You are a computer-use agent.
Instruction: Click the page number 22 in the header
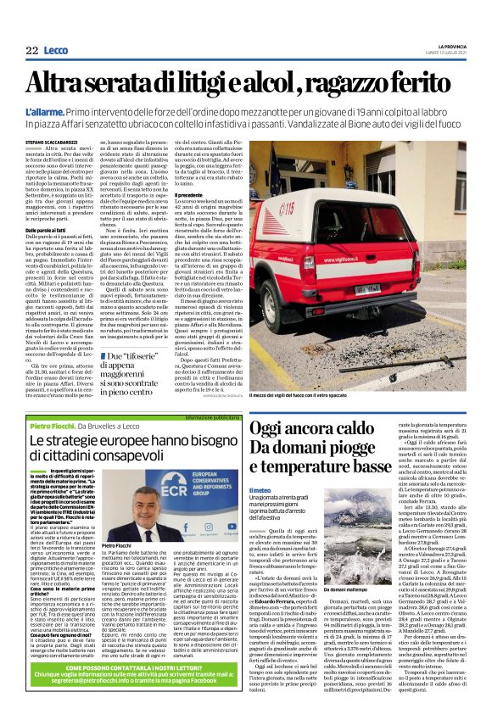click(31, 52)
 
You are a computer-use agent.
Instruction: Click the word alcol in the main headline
click(270, 83)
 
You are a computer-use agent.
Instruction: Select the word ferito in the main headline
click(424, 83)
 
